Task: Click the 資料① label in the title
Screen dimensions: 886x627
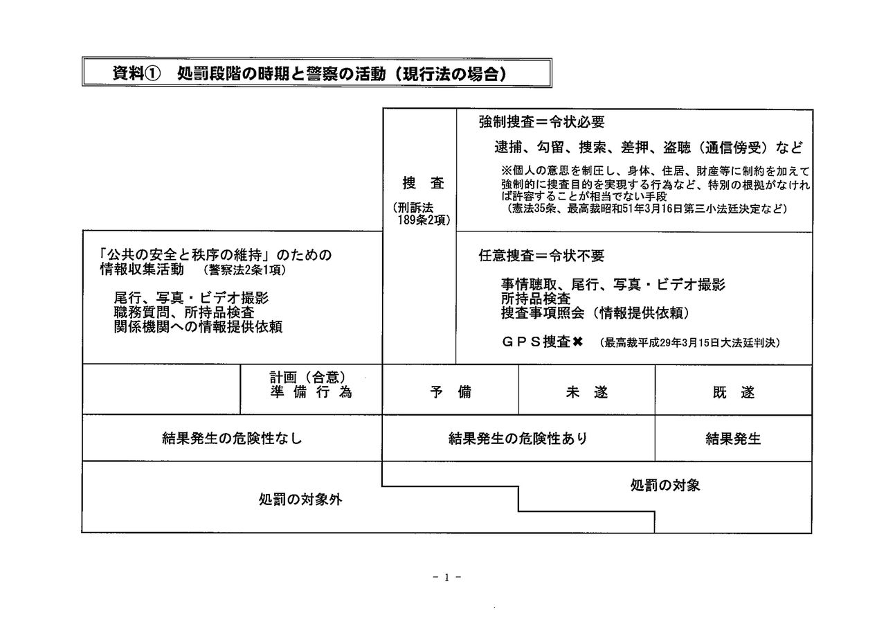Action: [136, 73]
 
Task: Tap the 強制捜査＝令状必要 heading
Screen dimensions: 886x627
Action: [541, 122]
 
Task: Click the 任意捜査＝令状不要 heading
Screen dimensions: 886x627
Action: [541, 256]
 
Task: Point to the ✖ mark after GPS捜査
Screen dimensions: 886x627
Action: [579, 342]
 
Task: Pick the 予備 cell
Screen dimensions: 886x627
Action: [450, 391]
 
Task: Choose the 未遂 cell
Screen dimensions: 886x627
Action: [586, 391]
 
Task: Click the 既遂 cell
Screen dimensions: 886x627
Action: [733, 391]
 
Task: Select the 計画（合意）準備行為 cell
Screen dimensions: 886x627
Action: [311, 385]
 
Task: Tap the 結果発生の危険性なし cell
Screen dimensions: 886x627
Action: [232, 438]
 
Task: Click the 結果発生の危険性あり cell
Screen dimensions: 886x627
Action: [518, 438]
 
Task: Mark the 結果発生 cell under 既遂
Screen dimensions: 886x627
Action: [733, 438]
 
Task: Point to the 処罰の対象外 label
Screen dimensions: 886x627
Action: [300, 500]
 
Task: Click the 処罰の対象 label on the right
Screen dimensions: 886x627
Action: [664, 485]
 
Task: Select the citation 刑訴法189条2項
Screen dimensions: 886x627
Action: [419, 214]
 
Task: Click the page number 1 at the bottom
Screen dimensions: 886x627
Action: [447, 577]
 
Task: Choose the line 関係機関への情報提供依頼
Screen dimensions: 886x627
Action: [198, 327]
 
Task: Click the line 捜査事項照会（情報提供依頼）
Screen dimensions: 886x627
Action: [595, 313]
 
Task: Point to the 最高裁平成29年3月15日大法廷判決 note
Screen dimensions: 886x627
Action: [690, 342]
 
